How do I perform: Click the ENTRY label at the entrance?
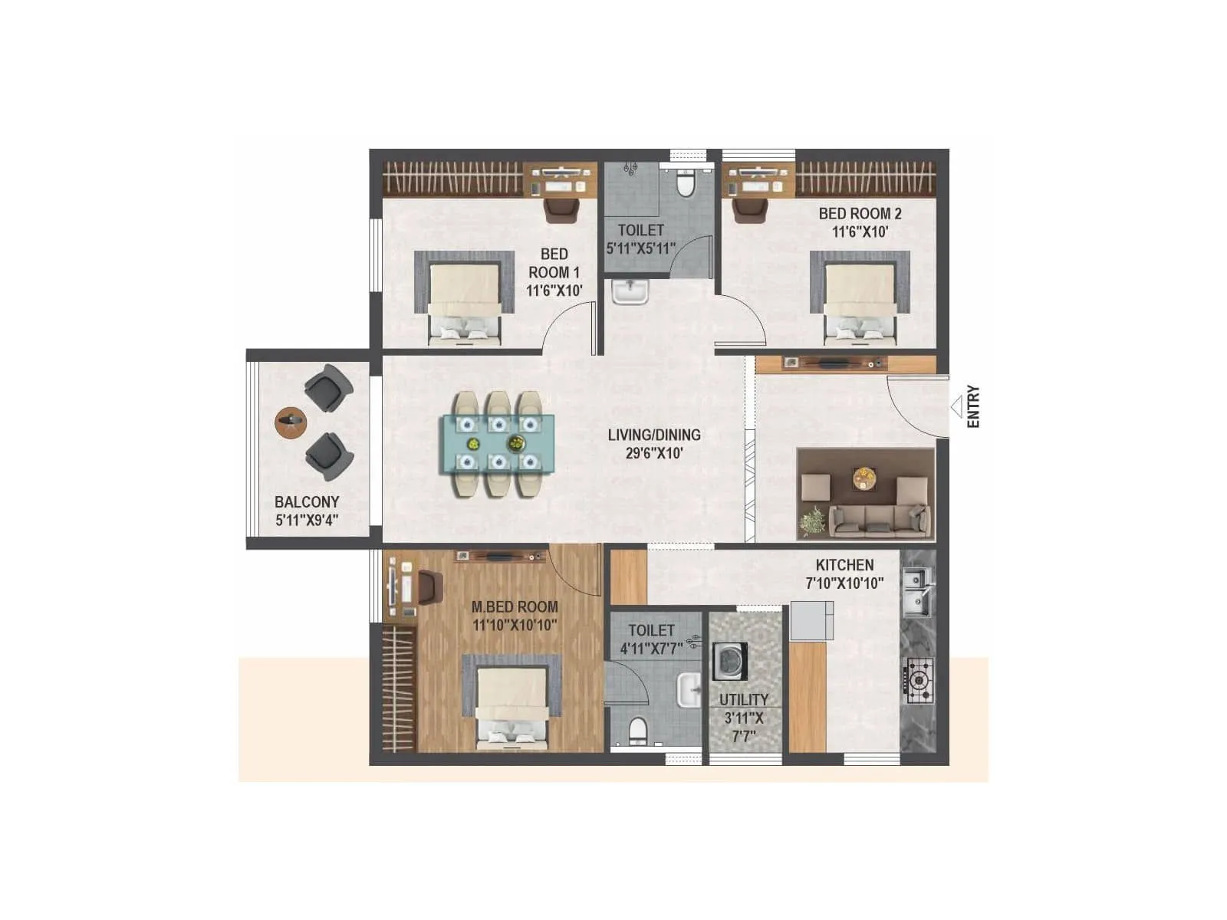[973, 406]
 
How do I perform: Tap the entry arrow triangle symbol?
[956, 406]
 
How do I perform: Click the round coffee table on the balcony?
[291, 421]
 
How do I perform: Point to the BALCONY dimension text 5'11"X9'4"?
[307, 521]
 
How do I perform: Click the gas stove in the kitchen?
[919, 681]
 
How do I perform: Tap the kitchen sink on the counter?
[917, 591]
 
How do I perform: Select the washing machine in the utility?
[730, 662]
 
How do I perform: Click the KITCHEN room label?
[844, 565]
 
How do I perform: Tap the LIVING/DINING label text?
[654, 435]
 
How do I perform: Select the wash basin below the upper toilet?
[630, 292]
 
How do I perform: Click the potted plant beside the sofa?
[811, 522]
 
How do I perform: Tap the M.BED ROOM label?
[515, 606]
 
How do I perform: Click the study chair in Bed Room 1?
[562, 209]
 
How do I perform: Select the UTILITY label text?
[743, 700]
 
